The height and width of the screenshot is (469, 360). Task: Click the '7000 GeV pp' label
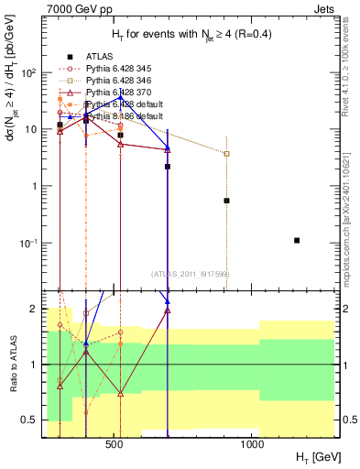[x=69, y=10]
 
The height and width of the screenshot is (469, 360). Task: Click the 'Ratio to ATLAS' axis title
[x=15, y=365]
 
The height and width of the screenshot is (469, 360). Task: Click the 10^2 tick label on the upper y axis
[x=29, y=72]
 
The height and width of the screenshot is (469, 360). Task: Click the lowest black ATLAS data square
[x=297, y=240]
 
